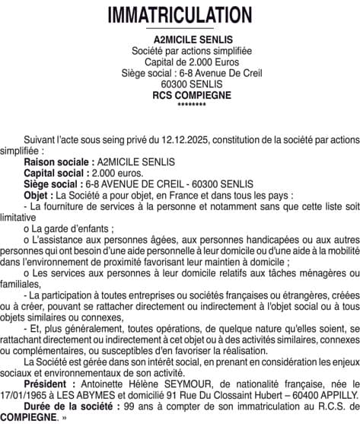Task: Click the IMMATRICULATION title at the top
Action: (180, 15)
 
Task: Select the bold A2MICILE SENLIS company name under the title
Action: (180, 40)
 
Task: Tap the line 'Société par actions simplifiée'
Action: (180, 51)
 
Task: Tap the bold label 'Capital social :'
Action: (59, 173)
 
